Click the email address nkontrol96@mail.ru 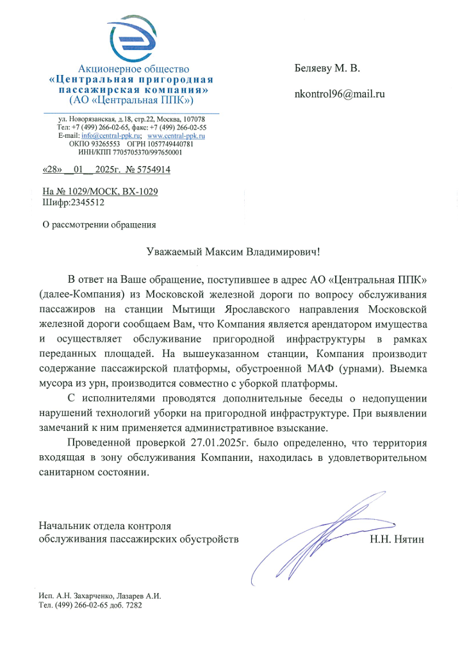tap(339, 94)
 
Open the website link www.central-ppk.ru tap(176, 136)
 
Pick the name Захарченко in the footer tap(89, 596)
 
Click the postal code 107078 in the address tap(194, 119)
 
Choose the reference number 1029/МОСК tap(83, 192)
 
